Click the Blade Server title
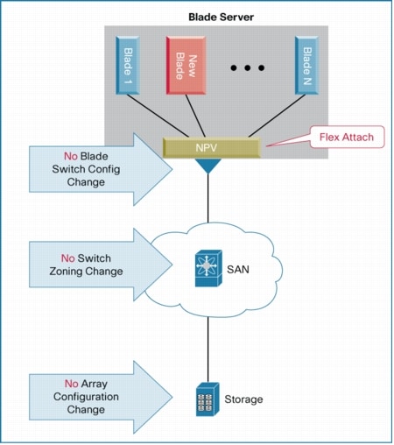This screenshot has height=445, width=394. click(222, 16)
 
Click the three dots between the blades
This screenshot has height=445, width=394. click(248, 67)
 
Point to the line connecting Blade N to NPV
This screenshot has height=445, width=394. click(276, 118)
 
